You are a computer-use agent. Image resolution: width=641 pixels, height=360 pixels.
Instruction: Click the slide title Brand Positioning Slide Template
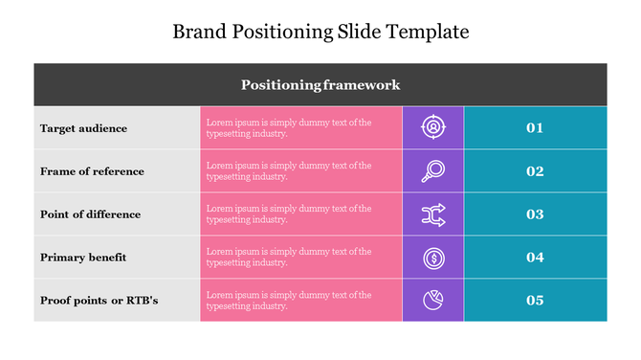tap(320, 32)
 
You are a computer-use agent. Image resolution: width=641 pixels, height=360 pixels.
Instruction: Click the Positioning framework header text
tap(320, 85)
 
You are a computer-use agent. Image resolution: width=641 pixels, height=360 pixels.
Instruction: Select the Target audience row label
tap(83, 128)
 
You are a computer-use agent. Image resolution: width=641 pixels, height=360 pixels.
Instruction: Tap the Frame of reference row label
tap(92, 171)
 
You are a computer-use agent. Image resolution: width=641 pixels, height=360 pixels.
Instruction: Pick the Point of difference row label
tap(90, 214)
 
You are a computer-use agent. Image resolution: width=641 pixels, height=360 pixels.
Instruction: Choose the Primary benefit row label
tap(83, 258)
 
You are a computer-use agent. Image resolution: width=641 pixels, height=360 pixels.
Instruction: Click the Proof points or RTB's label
tap(99, 301)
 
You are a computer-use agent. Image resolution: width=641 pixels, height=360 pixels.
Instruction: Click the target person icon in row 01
tap(433, 127)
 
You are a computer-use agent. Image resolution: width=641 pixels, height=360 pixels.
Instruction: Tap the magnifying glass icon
tap(432, 171)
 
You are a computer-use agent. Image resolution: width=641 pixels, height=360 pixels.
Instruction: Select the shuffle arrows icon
tap(433, 214)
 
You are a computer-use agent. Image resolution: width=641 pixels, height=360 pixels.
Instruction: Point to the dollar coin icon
tap(433, 258)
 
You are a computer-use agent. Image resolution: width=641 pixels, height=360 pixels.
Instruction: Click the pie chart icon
tap(433, 301)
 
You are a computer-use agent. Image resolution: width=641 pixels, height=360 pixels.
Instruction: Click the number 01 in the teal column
tap(535, 128)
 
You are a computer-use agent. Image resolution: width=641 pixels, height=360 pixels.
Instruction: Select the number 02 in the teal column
tap(535, 171)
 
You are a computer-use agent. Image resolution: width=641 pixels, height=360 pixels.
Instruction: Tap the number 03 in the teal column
tap(535, 214)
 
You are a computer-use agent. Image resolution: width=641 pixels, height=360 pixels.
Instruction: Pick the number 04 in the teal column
tap(535, 258)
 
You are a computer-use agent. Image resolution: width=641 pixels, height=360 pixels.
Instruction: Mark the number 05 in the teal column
tap(535, 301)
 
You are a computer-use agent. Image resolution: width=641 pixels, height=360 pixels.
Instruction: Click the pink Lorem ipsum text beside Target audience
tap(288, 128)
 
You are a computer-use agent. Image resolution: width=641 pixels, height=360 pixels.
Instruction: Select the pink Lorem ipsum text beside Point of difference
tap(288, 214)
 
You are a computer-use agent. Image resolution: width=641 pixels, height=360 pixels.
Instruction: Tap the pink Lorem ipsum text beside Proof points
tap(288, 301)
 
